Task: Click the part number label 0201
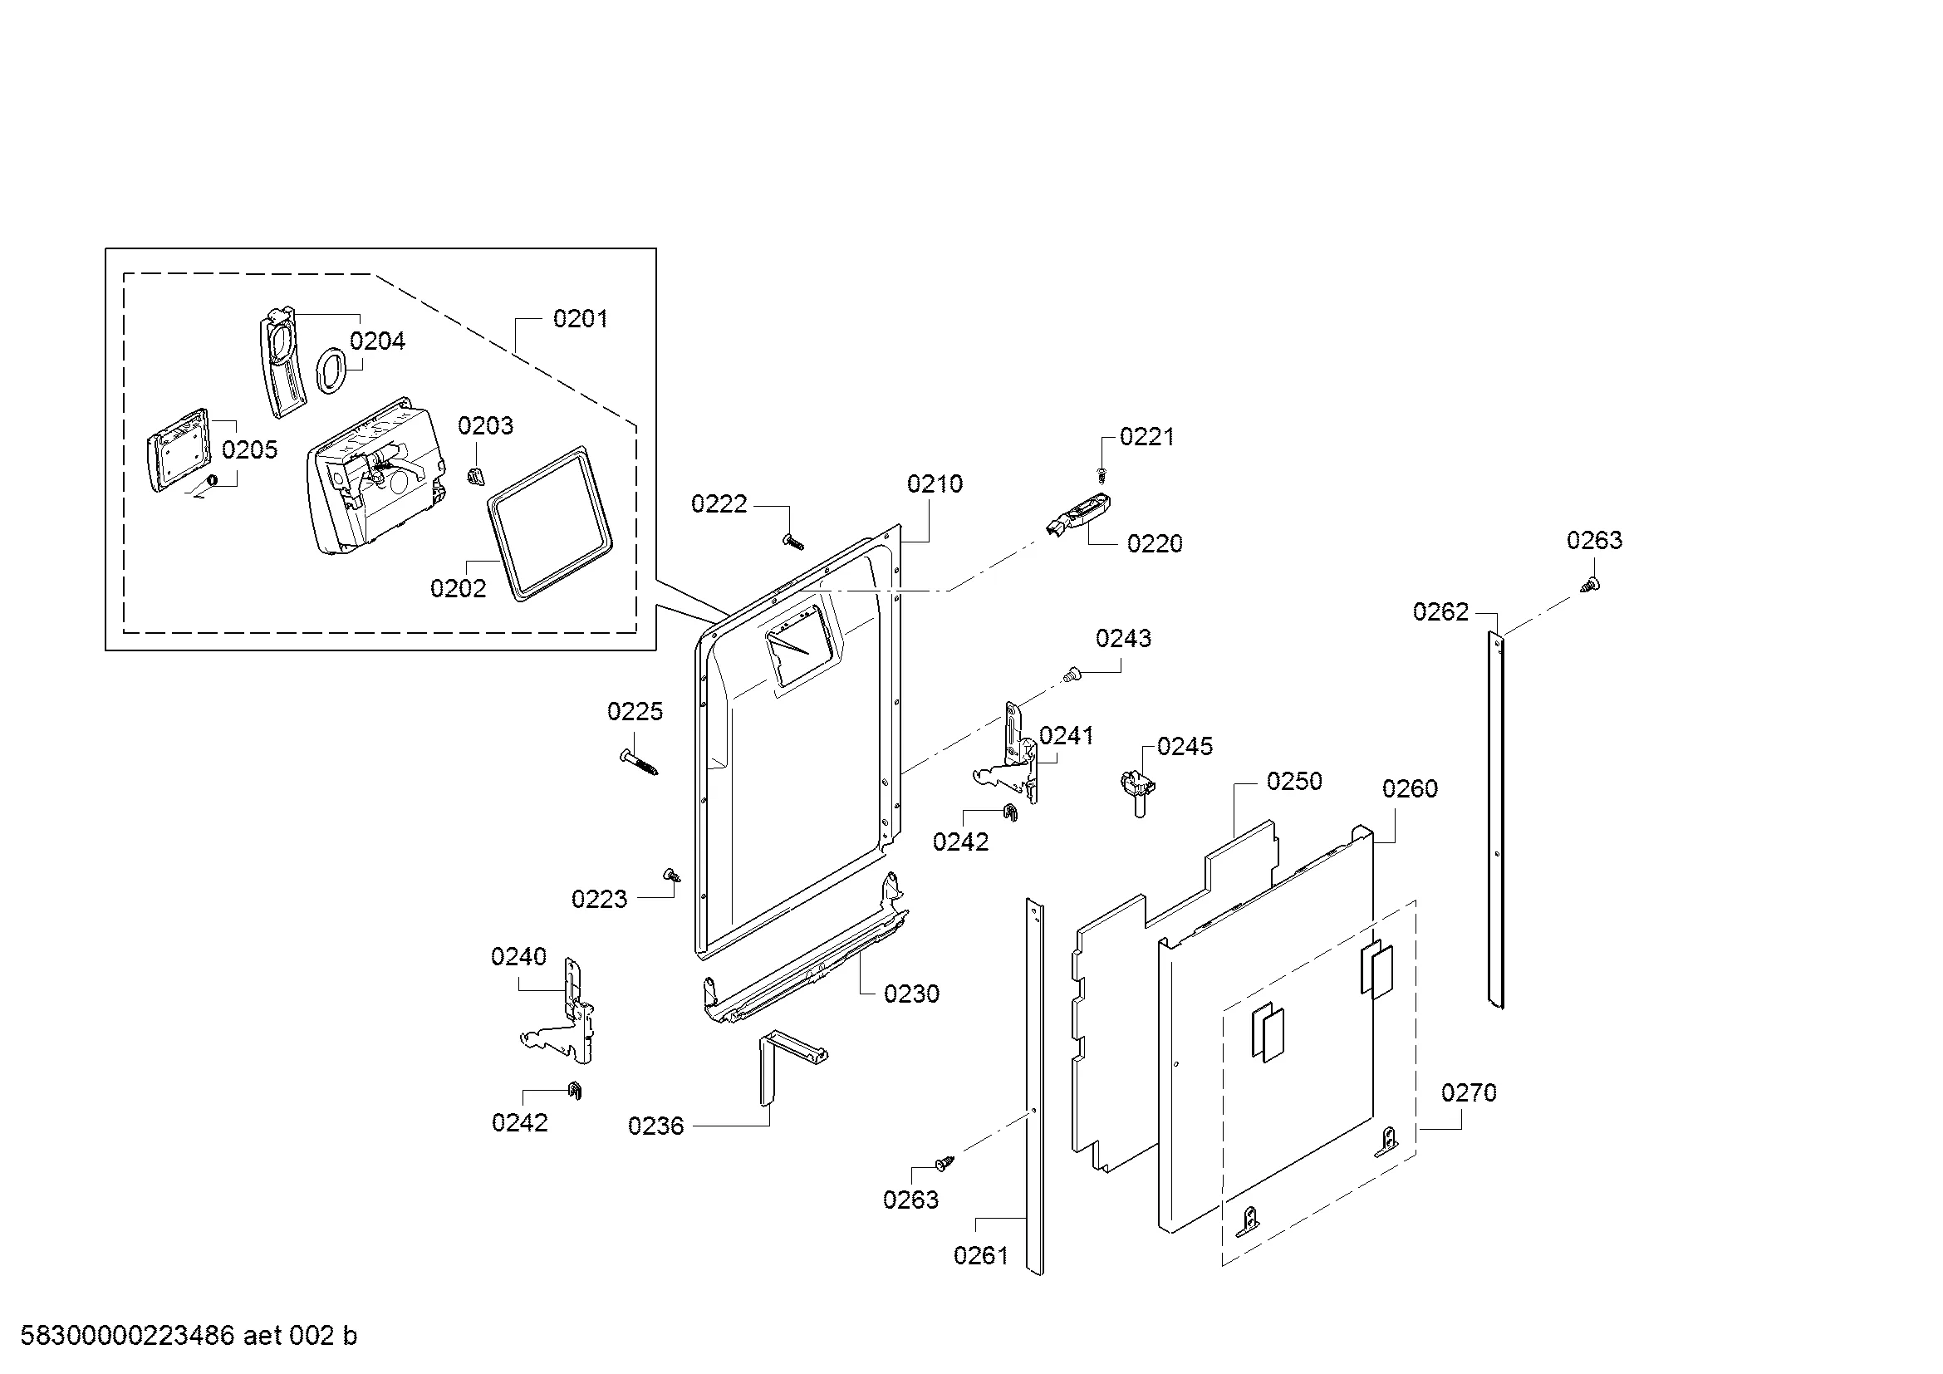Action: [580, 319]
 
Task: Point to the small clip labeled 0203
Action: [476, 475]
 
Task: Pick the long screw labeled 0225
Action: [639, 763]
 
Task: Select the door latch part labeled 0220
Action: [1079, 515]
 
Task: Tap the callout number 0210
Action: [935, 484]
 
